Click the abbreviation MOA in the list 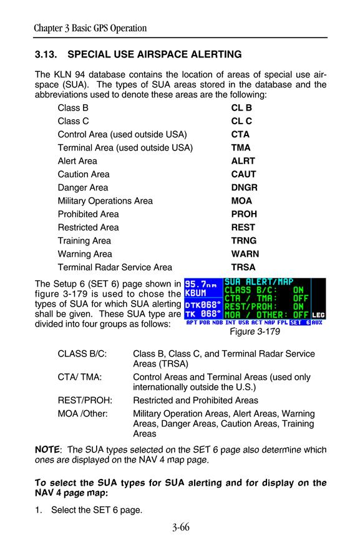click(x=241, y=200)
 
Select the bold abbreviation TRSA click(x=243, y=267)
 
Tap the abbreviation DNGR click(x=244, y=187)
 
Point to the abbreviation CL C click(x=241, y=121)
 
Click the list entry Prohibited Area click(x=88, y=214)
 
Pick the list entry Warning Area click(x=85, y=254)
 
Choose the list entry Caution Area click(x=84, y=174)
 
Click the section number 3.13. click(x=46, y=54)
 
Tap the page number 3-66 click(x=181, y=527)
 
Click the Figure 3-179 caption click(x=255, y=332)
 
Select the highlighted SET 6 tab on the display click(x=300, y=323)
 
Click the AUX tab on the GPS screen click(x=317, y=323)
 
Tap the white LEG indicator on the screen click(x=318, y=315)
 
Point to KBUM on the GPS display click(x=195, y=293)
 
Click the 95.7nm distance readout click(x=201, y=285)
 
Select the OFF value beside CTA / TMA click(x=300, y=298)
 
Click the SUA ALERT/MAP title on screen click(x=259, y=282)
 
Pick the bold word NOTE click(x=47, y=450)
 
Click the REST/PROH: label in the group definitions click(x=85, y=400)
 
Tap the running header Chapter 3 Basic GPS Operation click(x=90, y=28)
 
